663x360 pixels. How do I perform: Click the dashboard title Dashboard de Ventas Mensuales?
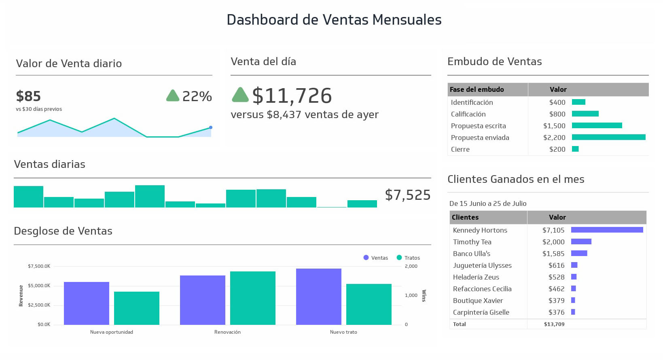[334, 20]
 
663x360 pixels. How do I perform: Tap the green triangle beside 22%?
[173, 96]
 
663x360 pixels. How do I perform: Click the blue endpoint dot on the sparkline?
[211, 127]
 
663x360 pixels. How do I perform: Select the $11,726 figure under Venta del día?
[292, 96]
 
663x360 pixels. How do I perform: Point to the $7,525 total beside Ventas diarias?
[407, 195]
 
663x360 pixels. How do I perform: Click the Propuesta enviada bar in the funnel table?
[608, 138]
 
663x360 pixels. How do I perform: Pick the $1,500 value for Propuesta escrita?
[554, 126]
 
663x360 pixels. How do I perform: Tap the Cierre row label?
[460, 149]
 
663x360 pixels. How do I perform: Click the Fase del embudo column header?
[477, 89]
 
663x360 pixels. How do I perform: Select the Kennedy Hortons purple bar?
[607, 230]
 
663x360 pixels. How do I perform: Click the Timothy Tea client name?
[472, 242]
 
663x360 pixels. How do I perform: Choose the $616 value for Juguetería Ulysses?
[556, 265]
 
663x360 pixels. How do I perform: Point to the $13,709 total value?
[554, 324]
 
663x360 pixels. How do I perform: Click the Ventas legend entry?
[376, 258]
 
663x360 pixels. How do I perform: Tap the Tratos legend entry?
[409, 258]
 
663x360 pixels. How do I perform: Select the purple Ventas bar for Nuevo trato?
[319, 296]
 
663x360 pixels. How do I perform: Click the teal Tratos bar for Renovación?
[253, 298]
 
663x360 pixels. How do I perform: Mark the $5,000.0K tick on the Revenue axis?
[39, 286]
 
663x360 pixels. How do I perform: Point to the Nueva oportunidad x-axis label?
[112, 332]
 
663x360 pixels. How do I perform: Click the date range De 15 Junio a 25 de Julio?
[488, 203]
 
